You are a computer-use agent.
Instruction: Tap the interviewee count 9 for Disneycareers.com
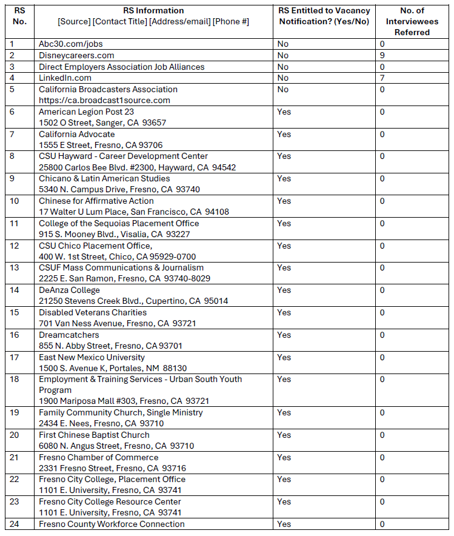tap(382, 55)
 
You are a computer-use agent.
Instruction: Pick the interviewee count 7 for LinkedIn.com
tap(382, 78)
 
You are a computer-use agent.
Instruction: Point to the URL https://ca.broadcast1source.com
tap(104, 100)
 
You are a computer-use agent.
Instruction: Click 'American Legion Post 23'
tap(86, 112)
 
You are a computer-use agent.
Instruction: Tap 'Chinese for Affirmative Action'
tap(96, 201)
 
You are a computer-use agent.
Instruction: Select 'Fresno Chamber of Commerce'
tap(98, 457)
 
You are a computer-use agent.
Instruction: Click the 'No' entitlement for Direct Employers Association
tap(282, 67)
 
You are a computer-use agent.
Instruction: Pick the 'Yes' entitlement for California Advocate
tap(284, 134)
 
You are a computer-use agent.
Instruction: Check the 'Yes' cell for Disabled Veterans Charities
tap(284, 312)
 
